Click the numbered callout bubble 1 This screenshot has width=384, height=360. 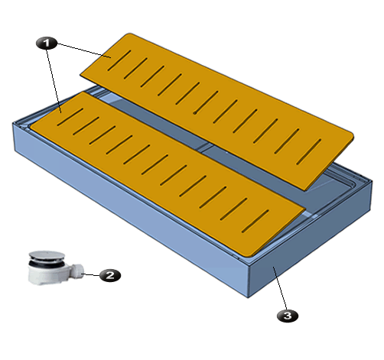coord(47,43)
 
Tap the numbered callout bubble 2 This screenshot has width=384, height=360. coord(110,275)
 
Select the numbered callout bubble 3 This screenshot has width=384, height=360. coord(288,316)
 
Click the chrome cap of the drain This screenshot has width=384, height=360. coord(47,255)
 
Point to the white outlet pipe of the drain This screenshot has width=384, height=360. coord(77,271)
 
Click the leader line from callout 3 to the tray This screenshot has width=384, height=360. coord(280,288)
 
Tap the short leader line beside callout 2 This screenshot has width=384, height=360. coord(90,274)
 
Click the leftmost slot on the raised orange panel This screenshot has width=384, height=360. coord(119,60)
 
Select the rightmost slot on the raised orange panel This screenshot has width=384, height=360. coord(308,151)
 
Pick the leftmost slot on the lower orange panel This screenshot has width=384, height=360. coord(70,117)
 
